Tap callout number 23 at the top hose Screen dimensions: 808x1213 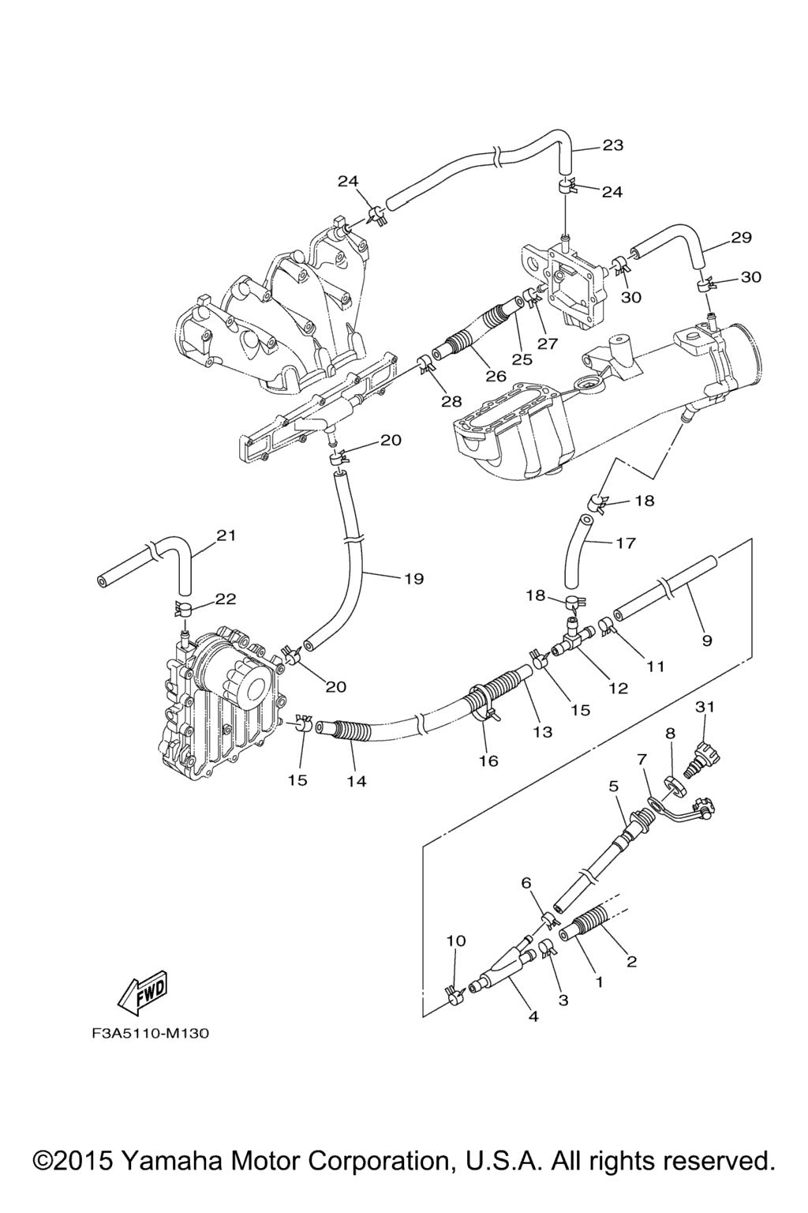(x=612, y=145)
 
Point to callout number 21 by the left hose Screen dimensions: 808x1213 (x=226, y=535)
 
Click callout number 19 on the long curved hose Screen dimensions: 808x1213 (x=413, y=579)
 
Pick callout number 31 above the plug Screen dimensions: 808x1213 (x=705, y=707)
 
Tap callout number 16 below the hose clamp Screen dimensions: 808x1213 (x=488, y=760)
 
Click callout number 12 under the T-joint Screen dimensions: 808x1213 (x=618, y=689)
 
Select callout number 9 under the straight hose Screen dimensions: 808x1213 (x=707, y=640)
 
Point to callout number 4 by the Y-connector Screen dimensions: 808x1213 (x=533, y=1016)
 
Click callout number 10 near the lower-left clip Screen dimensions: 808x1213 (x=456, y=941)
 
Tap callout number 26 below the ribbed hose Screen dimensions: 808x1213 (x=496, y=375)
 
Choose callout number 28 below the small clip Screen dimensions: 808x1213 (x=451, y=401)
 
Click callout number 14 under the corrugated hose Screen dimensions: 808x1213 (x=357, y=781)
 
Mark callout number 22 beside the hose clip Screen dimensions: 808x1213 (x=226, y=599)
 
